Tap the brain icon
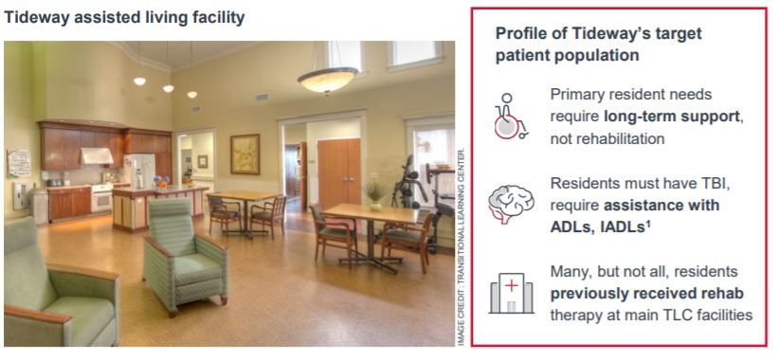point(511,204)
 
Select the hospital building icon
point(511,293)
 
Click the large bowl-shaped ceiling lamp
point(327,80)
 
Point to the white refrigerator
point(139,171)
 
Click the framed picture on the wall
point(245,153)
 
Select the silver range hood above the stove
point(97,156)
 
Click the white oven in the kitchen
point(102,198)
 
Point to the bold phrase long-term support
point(672,117)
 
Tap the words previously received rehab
point(647,294)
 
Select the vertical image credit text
point(461,246)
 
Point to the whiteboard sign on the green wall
point(18,163)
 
